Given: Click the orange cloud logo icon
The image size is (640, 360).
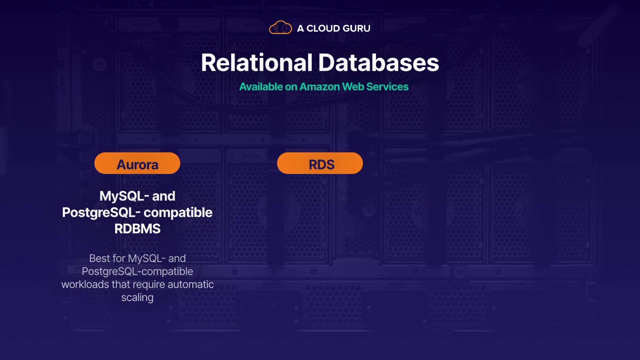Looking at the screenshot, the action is pos(280,28).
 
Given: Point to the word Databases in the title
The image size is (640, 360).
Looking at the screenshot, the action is pos(378,63).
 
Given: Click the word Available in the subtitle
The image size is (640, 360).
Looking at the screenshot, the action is pos(261,87).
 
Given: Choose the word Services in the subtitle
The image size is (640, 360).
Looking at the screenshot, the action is pos(387,87).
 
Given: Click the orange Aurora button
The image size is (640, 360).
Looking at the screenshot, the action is pos(137,164).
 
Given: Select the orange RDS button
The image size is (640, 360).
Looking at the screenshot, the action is pos(320,164).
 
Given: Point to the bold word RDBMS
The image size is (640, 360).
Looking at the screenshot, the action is pos(137,229).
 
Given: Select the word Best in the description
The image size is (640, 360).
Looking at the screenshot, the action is pos(98,258).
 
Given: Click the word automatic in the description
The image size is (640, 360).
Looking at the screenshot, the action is pos(190,284).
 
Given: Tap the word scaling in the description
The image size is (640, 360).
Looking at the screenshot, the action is pos(137,297).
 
